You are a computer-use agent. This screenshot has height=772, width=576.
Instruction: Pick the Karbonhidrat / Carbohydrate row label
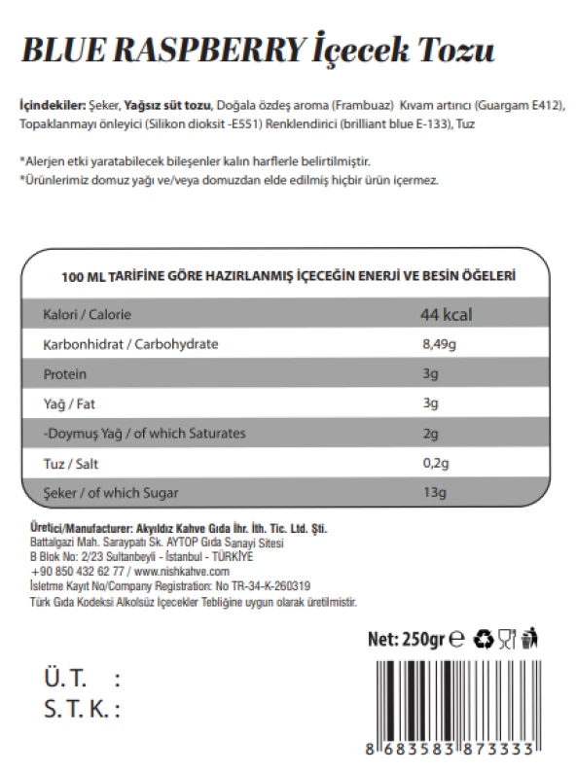click(129, 345)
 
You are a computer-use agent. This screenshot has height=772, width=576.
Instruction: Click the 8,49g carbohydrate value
click(439, 345)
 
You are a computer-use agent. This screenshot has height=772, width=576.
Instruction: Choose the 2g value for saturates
click(429, 433)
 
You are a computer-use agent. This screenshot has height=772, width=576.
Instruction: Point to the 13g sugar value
click(433, 493)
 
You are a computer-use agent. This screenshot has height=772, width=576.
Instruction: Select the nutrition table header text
click(287, 276)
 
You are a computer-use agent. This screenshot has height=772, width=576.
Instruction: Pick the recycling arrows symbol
click(484, 639)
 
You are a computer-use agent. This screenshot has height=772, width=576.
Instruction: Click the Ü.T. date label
click(66, 678)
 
